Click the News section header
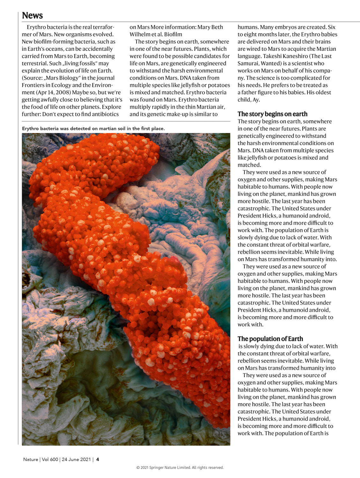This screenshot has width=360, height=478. coord(32,16)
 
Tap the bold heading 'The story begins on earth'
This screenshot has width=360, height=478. coord(272,114)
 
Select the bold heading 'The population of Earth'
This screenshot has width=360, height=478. coord(270,339)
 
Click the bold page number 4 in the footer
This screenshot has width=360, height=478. coord(98,459)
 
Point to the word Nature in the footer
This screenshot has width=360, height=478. coord(30,459)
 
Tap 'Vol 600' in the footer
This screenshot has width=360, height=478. coord(50,459)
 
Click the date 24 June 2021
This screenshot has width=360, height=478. coord(76,459)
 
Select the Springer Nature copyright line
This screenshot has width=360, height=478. coord(180,467)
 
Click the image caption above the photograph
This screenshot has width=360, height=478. coord(93,128)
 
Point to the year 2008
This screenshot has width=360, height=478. coord(63,92)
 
